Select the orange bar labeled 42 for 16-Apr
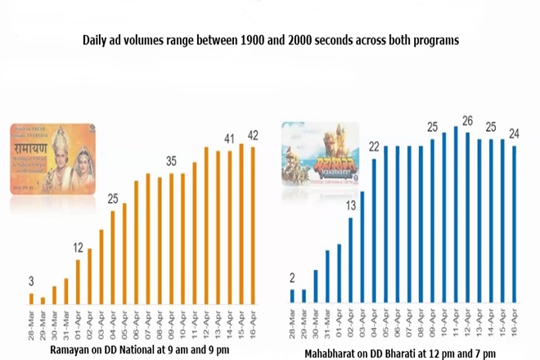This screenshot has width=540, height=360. tap(253, 225)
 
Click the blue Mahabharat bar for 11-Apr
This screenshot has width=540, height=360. tap(456, 214)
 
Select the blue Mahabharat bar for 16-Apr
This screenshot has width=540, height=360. tap(514, 224)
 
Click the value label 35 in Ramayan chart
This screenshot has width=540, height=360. tap(170, 160)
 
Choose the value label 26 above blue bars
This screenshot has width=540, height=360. tap(467, 121)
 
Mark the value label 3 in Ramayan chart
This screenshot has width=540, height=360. tap(30, 281)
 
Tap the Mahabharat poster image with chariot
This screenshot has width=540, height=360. tap(321, 156)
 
